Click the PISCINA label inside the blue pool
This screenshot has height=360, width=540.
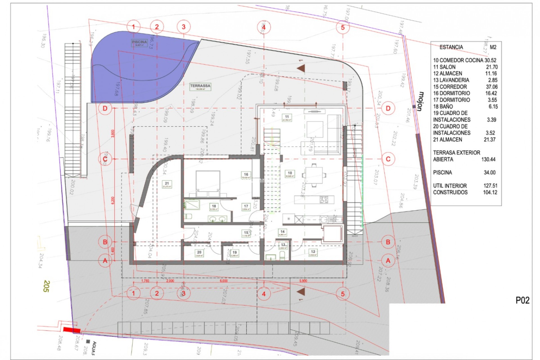tap(139, 42)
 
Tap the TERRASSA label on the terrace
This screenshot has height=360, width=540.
tap(200, 86)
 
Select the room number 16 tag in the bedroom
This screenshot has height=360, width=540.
tap(246, 175)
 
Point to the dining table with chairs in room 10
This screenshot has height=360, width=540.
tap(314, 175)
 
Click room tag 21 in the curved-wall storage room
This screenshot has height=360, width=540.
tap(167, 184)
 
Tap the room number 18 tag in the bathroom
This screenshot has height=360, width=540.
tap(214, 207)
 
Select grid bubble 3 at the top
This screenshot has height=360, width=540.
tap(184, 27)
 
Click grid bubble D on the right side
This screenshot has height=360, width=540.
tap(388, 108)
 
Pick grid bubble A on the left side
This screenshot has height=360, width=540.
tap(105, 261)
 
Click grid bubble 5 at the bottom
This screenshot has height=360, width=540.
tap(343, 294)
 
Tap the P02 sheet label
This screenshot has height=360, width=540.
tap(522, 300)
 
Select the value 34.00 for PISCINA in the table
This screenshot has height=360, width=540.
tap(489, 172)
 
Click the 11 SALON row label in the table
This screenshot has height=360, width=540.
tap(444, 67)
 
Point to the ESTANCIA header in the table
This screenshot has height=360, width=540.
tap(451, 47)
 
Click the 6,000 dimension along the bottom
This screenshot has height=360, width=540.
tap(224, 281)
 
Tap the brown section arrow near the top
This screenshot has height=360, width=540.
tap(301, 68)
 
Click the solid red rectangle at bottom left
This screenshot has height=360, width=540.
tap(71, 330)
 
